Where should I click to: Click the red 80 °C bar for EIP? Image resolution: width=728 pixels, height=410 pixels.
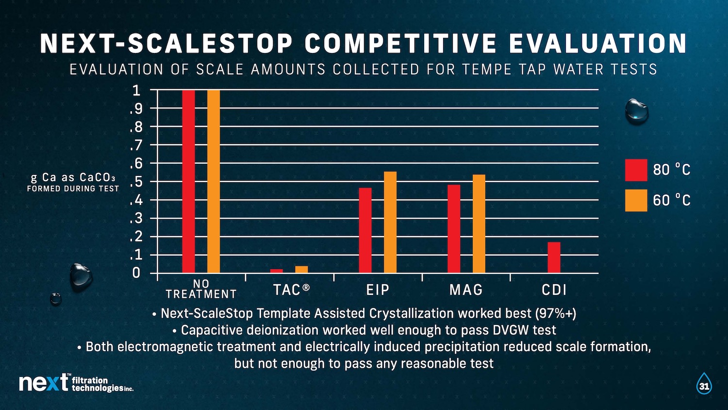(365, 230)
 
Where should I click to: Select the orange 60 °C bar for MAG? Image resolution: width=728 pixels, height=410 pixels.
(479, 223)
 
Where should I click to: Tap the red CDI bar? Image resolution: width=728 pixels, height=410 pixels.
(554, 257)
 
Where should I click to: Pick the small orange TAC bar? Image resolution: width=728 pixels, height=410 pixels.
(301, 269)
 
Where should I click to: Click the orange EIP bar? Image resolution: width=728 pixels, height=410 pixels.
(390, 222)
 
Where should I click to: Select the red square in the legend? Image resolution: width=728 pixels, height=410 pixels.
(636, 170)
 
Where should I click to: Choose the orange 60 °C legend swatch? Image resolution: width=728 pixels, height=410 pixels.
(636, 200)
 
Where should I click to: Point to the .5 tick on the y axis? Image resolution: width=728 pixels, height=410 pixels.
(135, 182)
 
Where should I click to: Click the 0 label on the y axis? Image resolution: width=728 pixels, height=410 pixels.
(136, 273)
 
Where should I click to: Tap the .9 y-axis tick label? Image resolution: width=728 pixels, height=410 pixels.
(135, 108)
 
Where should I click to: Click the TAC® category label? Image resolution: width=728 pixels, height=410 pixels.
(291, 290)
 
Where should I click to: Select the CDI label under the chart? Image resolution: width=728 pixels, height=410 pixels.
(554, 290)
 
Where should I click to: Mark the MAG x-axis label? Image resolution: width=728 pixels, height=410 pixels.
(466, 290)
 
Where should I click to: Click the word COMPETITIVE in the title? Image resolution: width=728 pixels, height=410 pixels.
(401, 44)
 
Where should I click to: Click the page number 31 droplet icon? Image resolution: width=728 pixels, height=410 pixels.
(704, 384)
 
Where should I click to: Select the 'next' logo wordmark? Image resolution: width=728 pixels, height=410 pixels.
(44, 383)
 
